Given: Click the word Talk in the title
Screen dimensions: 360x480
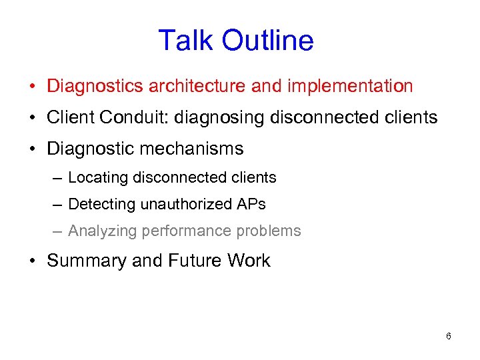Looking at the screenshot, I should coord(186,41).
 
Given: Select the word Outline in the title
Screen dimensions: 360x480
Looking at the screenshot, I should coord(267,41).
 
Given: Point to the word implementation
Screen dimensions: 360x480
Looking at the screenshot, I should coord(350,86).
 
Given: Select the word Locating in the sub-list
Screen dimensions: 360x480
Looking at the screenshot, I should coord(99,177).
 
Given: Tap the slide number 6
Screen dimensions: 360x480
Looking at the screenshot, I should coord(448,336).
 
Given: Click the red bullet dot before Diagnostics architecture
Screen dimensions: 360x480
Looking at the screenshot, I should coord(32,87).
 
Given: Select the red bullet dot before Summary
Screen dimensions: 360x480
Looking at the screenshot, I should coord(32,261).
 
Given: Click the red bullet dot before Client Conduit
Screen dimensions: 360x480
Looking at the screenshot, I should coord(32,118).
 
